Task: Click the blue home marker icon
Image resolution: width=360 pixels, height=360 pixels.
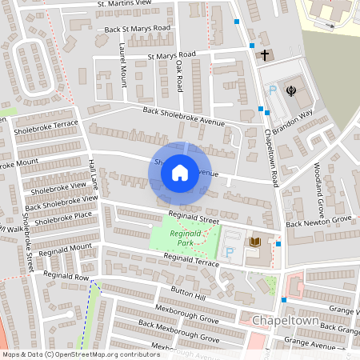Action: click(x=180, y=172)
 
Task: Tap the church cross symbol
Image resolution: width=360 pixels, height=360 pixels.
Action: click(x=266, y=55)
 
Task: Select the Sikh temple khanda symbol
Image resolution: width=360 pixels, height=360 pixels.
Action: click(x=291, y=90)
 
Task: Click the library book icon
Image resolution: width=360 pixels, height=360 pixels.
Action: click(x=255, y=241)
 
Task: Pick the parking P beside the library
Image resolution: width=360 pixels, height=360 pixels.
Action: click(x=231, y=252)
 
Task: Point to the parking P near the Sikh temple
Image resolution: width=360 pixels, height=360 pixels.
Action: click(x=272, y=91)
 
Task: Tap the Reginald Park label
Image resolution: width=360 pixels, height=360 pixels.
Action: click(x=186, y=238)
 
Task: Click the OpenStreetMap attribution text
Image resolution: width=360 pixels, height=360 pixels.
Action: click(x=80, y=354)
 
